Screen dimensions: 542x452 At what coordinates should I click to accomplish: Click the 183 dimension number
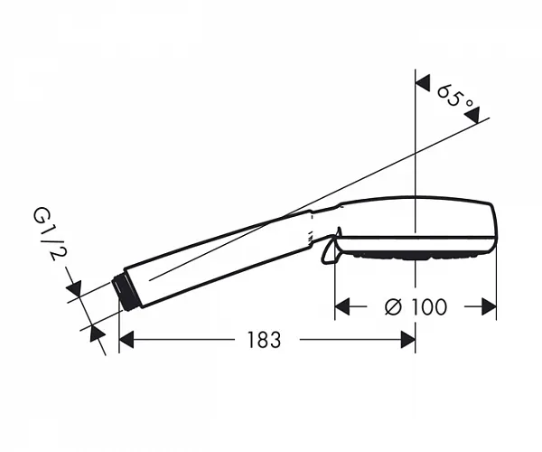264,340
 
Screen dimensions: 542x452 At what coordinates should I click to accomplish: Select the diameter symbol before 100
393,306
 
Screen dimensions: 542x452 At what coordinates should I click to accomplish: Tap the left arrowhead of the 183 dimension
126,340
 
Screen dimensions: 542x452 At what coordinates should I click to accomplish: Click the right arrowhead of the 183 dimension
408,340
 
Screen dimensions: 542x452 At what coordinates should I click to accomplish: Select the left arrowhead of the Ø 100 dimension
342,306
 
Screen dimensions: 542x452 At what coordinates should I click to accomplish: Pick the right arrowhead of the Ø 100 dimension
489,306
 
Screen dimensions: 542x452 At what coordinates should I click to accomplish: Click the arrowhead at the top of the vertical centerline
423,83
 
